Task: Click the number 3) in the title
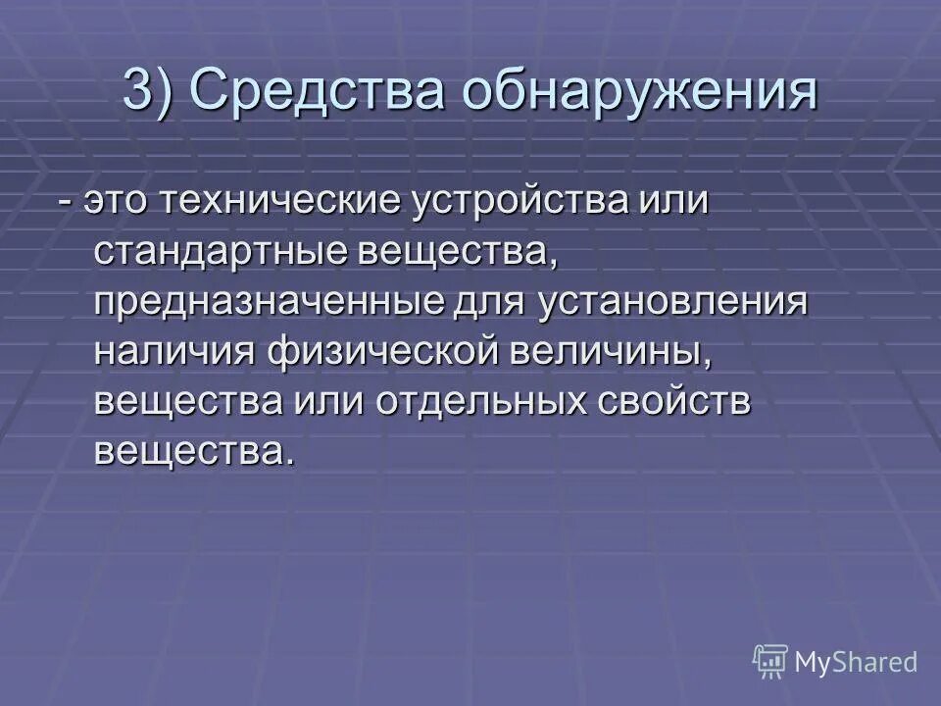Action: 149,92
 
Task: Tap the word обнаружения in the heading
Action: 640,92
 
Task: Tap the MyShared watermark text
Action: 857,661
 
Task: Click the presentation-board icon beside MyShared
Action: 770,661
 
